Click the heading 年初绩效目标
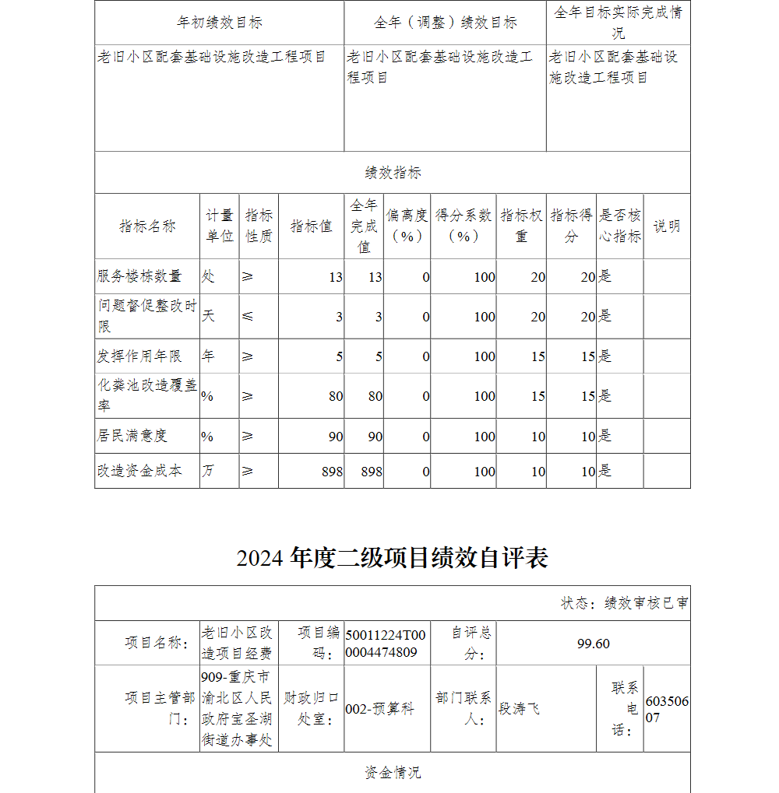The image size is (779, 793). (220, 23)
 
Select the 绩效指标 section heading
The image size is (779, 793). (393, 173)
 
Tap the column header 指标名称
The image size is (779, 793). (147, 226)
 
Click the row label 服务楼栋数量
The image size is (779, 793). (139, 276)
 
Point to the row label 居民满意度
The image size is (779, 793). (132, 436)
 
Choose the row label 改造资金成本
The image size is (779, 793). (139, 471)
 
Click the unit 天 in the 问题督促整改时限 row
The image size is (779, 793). (209, 316)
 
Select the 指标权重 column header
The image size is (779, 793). (521, 226)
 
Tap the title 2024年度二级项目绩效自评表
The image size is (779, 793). (393, 557)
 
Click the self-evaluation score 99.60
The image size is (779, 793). (593, 643)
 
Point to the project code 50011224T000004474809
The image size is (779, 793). (386, 643)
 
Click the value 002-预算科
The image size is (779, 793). (379, 708)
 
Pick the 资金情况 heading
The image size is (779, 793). (393, 772)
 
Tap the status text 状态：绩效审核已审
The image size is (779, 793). (624, 603)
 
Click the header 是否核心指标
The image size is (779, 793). (620, 226)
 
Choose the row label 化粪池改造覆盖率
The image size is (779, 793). (147, 395)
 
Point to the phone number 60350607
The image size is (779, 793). (667, 709)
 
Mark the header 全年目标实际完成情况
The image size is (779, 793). (618, 23)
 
